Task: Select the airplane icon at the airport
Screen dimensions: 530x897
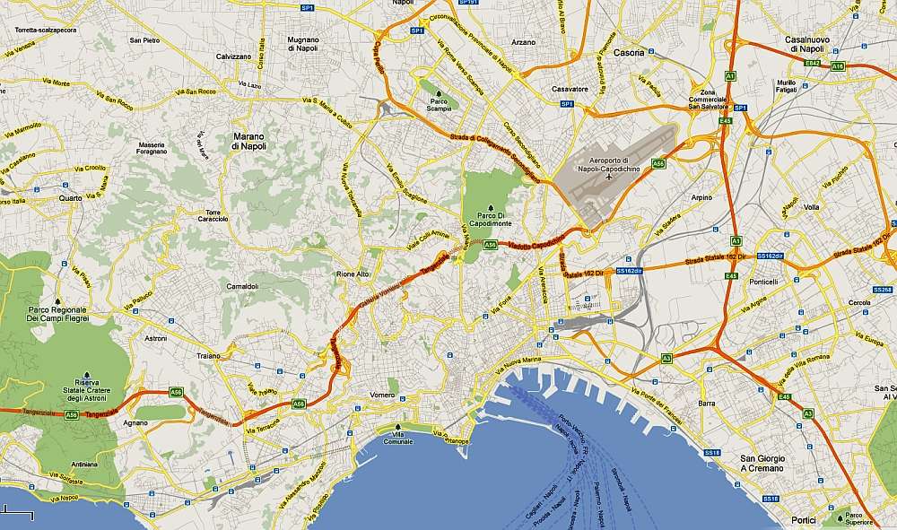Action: (611, 176)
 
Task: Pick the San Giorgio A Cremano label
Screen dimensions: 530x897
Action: (760, 463)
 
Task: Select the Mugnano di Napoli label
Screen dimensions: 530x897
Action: (303, 44)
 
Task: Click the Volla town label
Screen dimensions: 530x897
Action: (812, 207)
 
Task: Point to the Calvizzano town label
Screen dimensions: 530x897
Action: (233, 56)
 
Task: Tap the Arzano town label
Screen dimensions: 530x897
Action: (522, 42)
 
